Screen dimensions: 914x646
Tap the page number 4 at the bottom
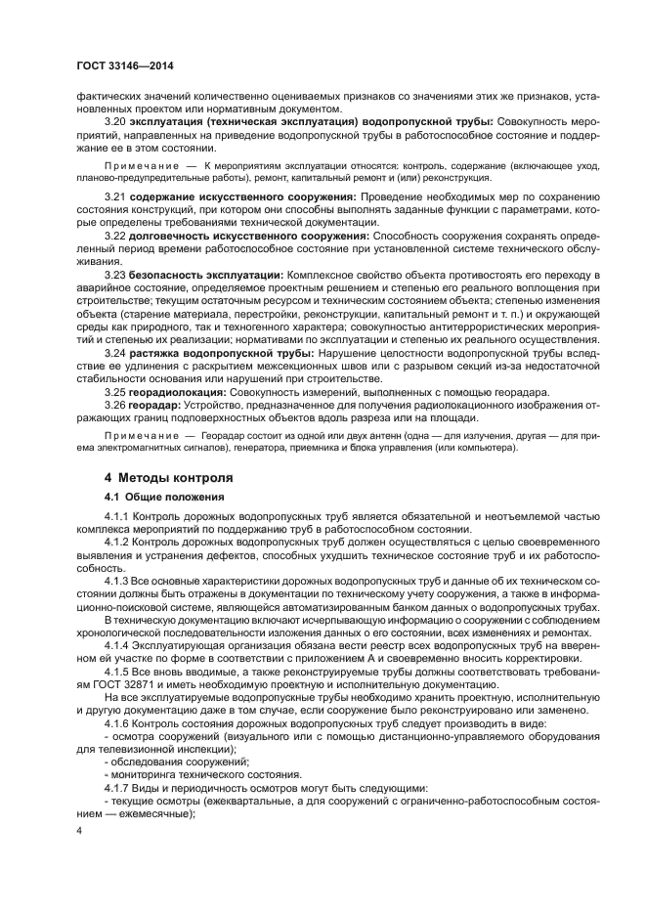click(79, 830)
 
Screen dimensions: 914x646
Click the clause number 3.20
click(115, 122)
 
